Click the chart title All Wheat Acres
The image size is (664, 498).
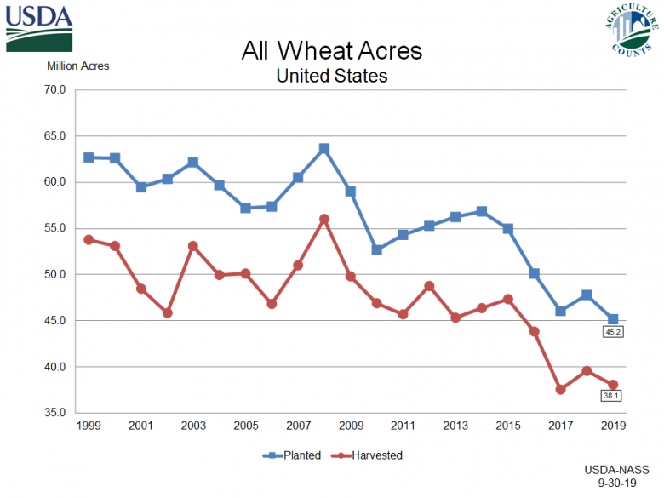pyautogui.click(x=331, y=51)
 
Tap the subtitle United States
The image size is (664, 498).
pyautogui.click(x=331, y=76)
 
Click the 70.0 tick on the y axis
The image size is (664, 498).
pyautogui.click(x=54, y=89)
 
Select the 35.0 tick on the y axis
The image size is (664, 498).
pyautogui.click(x=54, y=413)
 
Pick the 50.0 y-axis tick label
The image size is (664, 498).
pyautogui.click(x=54, y=274)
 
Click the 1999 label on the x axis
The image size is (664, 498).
pyautogui.click(x=89, y=425)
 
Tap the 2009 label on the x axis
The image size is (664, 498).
pyautogui.click(x=350, y=425)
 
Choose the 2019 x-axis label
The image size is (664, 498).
pyautogui.click(x=612, y=425)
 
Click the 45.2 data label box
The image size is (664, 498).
pyautogui.click(x=614, y=333)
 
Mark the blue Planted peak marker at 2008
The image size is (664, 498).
pyautogui.click(x=324, y=148)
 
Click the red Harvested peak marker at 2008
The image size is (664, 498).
pyautogui.click(x=324, y=219)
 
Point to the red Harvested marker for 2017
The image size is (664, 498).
pyautogui.click(x=560, y=389)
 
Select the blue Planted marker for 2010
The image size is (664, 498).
pyautogui.click(x=376, y=250)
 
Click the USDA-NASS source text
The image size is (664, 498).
pyautogui.click(x=617, y=469)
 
